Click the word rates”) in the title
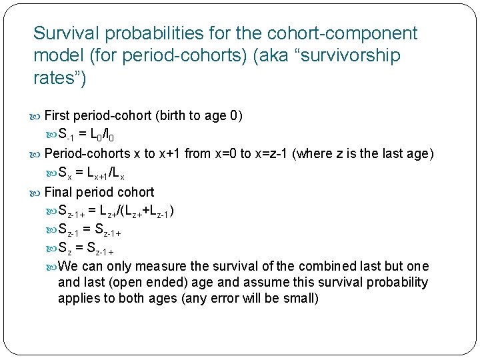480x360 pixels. pyautogui.click(x=59, y=79)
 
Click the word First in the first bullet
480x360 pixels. pyautogui.click(x=57, y=115)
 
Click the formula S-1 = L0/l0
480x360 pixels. pyautogui.click(x=99, y=135)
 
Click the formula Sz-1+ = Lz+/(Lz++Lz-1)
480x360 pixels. pyautogui.click(x=117, y=211)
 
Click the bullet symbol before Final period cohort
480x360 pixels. pyautogui.click(x=37, y=192)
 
